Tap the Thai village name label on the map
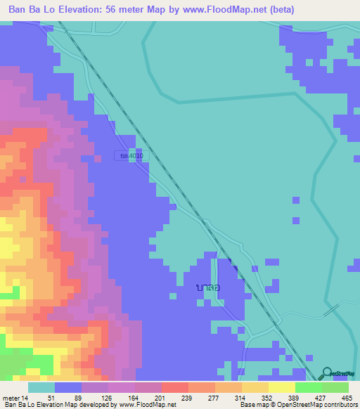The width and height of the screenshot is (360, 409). coord(209,287)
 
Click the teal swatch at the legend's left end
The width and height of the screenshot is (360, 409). coord(41,387)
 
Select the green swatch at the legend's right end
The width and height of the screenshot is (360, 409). coord(335,387)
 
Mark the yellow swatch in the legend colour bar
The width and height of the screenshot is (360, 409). coord(282,387)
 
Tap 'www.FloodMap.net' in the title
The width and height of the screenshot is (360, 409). coord(222,9)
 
